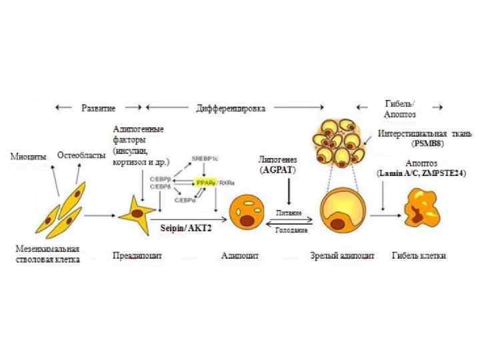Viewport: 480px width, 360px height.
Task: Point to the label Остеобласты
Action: click(x=79, y=155)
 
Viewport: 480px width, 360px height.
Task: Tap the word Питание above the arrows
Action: click(x=290, y=213)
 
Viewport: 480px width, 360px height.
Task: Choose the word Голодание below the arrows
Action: click(x=290, y=229)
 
